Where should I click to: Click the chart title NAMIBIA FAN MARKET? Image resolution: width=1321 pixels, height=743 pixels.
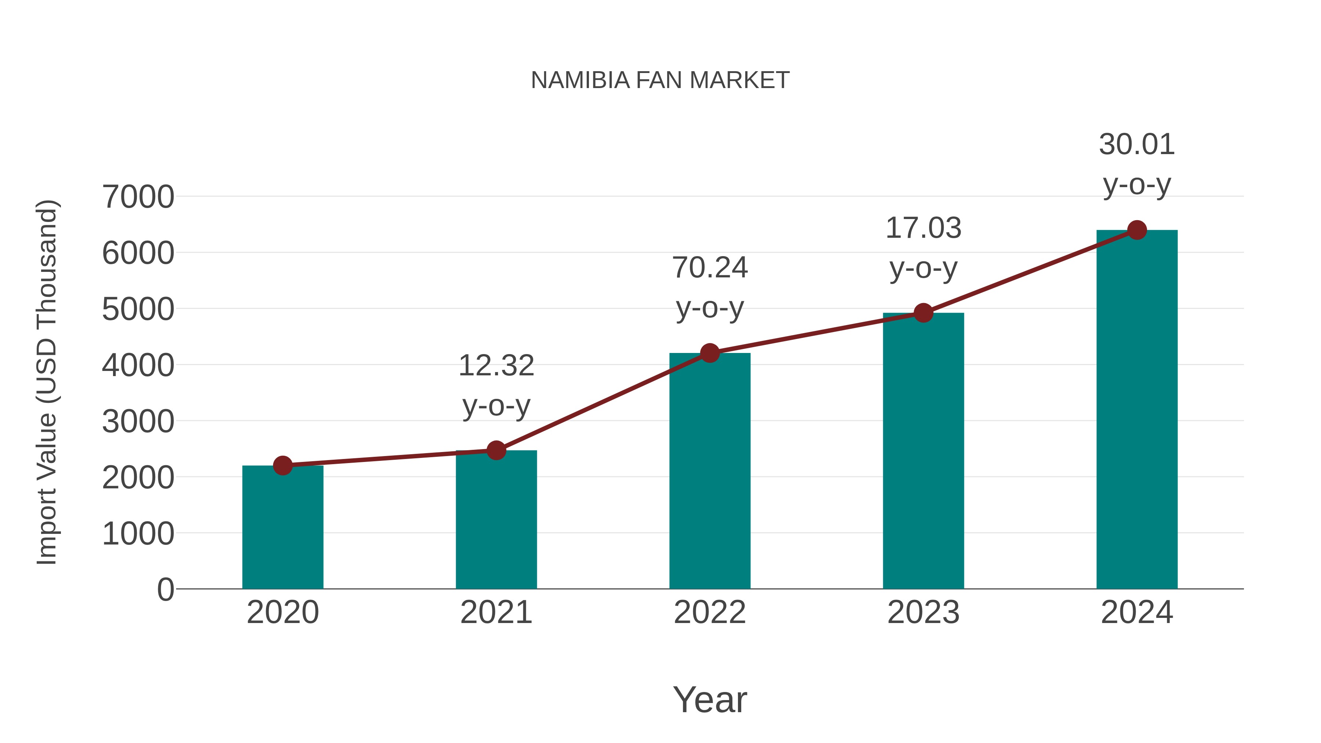coord(660,80)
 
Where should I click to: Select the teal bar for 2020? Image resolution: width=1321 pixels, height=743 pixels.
coord(283,528)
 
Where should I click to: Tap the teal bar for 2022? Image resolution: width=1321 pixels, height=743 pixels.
coord(710,472)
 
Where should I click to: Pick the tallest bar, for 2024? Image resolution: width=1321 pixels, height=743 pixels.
coord(1137,410)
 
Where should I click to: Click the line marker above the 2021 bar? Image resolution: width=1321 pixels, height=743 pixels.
coord(496,450)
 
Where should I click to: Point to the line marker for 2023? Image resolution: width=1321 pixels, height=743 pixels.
coord(923,312)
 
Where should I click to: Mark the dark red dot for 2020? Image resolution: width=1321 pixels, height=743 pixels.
coord(283,465)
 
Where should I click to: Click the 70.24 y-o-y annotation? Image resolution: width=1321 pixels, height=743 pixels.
coord(710,287)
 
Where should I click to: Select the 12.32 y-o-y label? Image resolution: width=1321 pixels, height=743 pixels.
coord(496,386)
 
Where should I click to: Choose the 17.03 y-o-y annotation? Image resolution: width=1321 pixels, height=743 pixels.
coord(923,248)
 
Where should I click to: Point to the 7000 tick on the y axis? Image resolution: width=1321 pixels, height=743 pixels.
coord(138,197)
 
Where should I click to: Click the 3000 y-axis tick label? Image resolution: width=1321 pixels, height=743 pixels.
coord(138,422)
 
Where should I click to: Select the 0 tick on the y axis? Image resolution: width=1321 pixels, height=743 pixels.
coord(165,590)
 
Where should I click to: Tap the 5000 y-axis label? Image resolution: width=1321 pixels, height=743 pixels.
coord(138,309)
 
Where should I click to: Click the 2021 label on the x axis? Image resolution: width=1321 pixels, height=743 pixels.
coord(496,612)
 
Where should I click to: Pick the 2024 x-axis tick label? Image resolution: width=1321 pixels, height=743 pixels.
coord(1137,612)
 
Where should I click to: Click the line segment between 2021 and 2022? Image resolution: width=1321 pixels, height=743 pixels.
coord(603,402)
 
